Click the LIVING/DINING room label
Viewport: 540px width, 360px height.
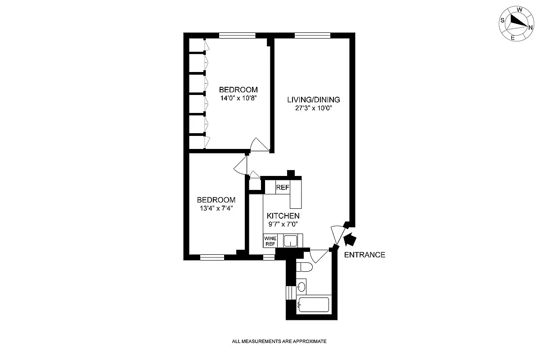(x=314, y=99)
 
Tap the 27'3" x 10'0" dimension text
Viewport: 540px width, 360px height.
(x=314, y=108)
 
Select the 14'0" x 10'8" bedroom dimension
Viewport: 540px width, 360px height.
(x=238, y=97)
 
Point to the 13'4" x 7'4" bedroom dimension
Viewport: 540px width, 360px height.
(x=216, y=208)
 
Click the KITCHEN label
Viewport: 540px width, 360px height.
(x=283, y=216)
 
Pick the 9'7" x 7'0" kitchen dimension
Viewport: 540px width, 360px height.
(x=283, y=225)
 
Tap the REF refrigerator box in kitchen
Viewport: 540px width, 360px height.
(x=282, y=188)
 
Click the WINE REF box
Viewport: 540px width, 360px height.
(x=270, y=241)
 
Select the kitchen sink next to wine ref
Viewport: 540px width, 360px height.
(x=290, y=241)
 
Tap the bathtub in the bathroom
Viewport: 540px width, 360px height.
(x=314, y=305)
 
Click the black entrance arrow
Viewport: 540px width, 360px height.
(x=349, y=239)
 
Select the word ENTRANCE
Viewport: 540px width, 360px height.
(x=364, y=255)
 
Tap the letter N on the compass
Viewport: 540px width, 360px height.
(x=530, y=27)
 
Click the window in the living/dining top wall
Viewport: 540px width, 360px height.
(x=312, y=36)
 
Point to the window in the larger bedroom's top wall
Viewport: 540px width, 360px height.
(x=237, y=36)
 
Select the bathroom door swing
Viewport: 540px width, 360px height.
(x=319, y=256)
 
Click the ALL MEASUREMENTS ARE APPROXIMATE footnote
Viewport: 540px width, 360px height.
(x=279, y=342)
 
